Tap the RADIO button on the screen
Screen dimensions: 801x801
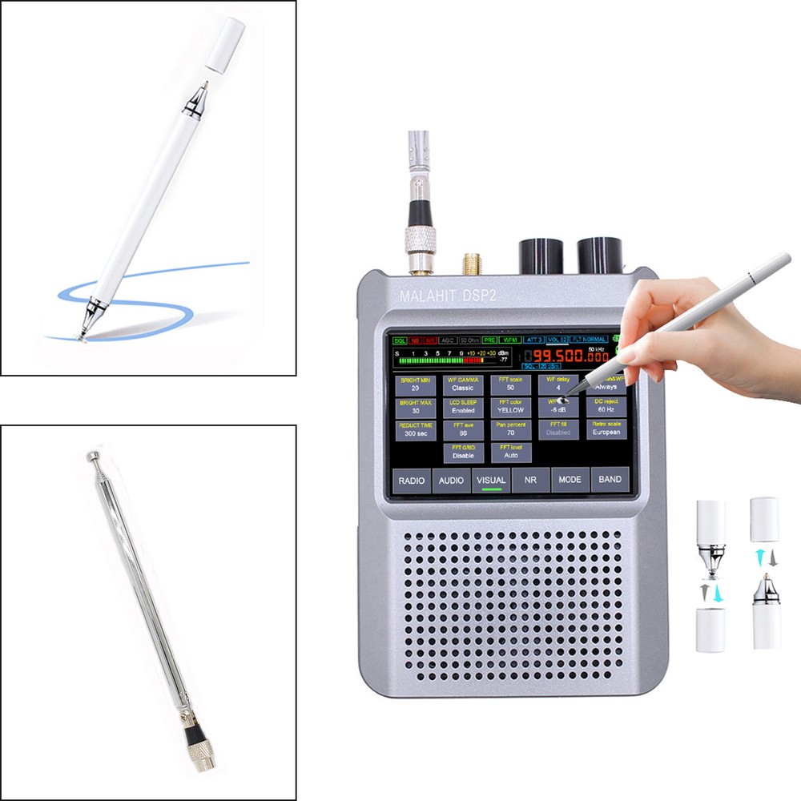(x=411, y=480)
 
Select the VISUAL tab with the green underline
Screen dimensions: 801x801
(x=491, y=480)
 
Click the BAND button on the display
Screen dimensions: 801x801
(x=610, y=480)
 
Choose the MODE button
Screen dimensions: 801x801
(x=570, y=480)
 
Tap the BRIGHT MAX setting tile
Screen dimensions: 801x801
(x=415, y=406)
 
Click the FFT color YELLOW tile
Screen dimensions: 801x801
(x=510, y=406)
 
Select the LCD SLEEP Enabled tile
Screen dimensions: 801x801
(x=463, y=406)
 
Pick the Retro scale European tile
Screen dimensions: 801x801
(x=606, y=428)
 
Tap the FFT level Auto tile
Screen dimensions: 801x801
(x=510, y=451)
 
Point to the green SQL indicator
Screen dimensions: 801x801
(x=400, y=340)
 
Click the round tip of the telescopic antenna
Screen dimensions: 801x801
(x=90, y=456)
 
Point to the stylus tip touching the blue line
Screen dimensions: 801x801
(x=82, y=336)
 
